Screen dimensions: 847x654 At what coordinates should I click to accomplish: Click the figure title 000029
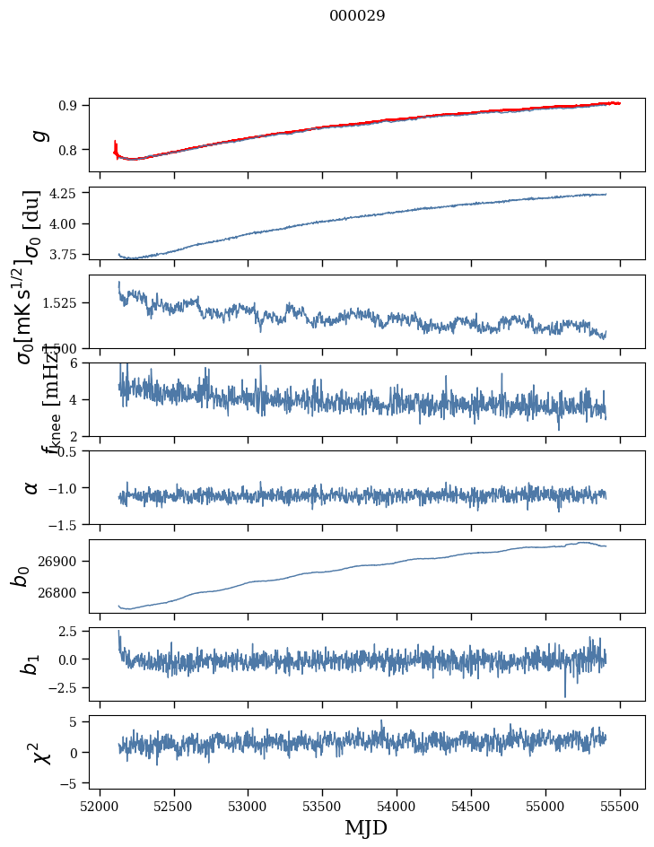(357, 15)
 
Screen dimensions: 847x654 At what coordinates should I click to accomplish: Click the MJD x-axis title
(366, 827)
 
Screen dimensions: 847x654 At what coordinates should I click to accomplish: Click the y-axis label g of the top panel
(37, 135)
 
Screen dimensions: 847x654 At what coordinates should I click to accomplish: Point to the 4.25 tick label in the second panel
(65, 193)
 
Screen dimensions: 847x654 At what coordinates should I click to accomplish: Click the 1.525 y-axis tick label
(62, 303)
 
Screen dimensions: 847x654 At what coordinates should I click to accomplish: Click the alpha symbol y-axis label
(31, 487)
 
